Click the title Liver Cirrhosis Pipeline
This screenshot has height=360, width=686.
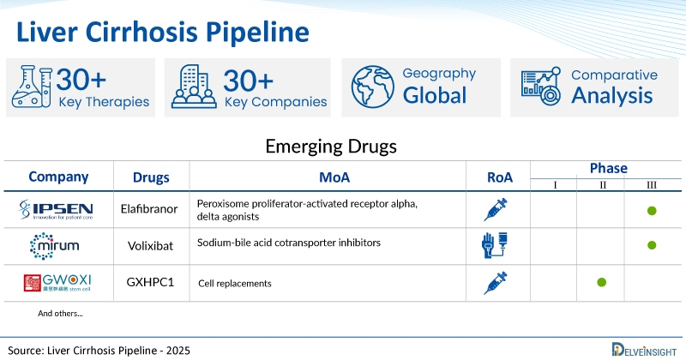tap(163, 32)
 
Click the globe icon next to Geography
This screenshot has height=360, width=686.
tap(370, 87)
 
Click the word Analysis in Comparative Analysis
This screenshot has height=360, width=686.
tap(612, 95)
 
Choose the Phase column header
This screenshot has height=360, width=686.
tap(608, 168)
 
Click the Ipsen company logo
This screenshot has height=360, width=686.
tap(57, 209)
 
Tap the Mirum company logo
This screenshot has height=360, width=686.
tap(57, 246)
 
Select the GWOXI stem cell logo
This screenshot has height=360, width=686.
tap(57, 283)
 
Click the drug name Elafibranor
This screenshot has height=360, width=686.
tap(150, 209)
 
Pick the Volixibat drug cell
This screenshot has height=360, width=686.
tap(150, 245)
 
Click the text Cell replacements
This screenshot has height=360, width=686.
tap(235, 283)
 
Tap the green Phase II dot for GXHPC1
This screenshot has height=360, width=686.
tap(601, 282)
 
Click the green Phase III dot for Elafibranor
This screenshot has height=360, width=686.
tap(652, 210)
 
